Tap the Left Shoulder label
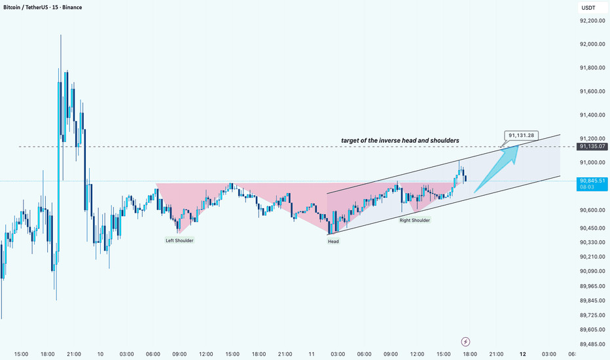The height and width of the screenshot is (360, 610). pos(179,240)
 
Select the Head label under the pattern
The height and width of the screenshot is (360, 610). pos(333,241)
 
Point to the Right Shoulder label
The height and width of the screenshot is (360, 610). pos(415,221)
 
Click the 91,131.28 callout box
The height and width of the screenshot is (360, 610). pos(521,135)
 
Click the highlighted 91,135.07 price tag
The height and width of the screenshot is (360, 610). pos(592,146)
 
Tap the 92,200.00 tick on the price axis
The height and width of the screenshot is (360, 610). pos(592,21)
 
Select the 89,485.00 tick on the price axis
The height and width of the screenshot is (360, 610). pos(592,344)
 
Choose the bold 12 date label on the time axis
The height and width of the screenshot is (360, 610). pos(523,354)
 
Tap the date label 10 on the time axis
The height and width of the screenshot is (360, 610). pos(100,354)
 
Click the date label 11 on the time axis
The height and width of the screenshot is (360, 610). pos(312,354)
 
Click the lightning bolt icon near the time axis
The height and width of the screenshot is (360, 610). pos(465,341)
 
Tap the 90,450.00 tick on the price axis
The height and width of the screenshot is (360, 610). pos(592,228)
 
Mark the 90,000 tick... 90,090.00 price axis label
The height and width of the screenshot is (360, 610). pos(592,272)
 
